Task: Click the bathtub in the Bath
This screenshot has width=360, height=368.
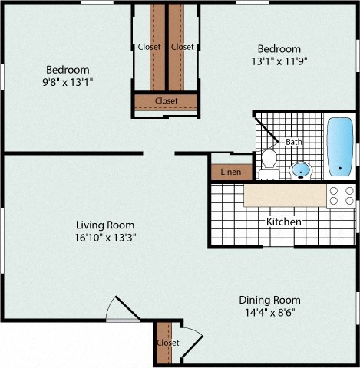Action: click(339, 146)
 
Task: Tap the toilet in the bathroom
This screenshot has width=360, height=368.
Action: click(269, 159)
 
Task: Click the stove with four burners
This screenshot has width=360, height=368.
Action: click(342, 195)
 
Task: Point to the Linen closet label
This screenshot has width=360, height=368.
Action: click(230, 172)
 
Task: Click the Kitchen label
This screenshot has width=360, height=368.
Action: click(283, 222)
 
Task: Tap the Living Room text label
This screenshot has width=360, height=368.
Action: click(110, 225)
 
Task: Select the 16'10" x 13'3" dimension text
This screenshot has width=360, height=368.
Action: click(110, 238)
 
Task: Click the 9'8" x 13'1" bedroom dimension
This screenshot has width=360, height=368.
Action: click(68, 81)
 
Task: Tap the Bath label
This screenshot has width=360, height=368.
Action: click(294, 142)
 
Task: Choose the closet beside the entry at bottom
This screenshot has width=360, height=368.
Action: click(166, 342)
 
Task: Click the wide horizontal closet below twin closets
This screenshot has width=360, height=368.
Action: click(166, 100)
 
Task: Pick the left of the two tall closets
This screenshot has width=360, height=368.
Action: click(157, 46)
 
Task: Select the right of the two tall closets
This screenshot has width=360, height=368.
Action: click(177, 46)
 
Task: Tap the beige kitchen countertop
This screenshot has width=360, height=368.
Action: click(284, 195)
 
